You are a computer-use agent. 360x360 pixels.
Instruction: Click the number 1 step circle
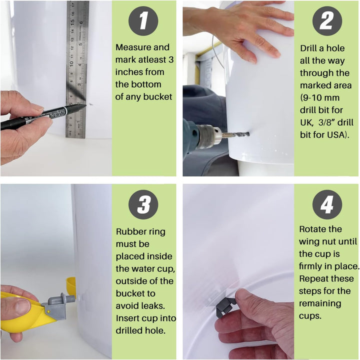click(143, 21)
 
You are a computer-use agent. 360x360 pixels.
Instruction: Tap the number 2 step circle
click(327, 21)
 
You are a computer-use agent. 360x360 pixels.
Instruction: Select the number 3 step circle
click(143, 204)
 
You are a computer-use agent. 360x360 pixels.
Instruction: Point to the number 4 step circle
click(327, 204)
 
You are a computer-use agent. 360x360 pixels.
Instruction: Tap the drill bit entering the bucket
click(236, 135)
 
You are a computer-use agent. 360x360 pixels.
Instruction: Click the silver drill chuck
click(209, 136)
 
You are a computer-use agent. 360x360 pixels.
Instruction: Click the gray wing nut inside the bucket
click(224, 306)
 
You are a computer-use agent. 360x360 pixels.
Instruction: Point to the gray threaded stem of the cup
click(70, 298)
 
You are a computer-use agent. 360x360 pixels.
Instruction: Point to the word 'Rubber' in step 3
click(129, 231)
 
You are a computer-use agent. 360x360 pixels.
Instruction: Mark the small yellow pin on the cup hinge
click(48, 311)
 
